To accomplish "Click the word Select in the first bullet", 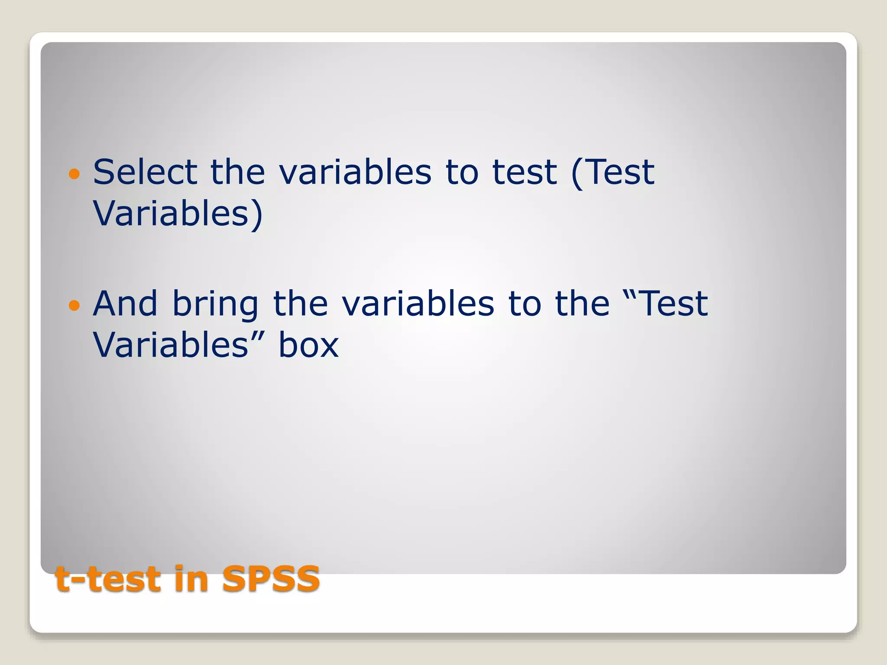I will coord(145,172).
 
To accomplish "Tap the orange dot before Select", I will coord(74,174).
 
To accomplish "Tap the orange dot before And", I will coord(74,306).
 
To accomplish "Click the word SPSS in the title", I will coord(271,579).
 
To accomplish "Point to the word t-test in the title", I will coord(108,579).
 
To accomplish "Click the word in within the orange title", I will coord(191,579).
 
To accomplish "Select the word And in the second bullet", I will coord(125,304).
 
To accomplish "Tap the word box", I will coord(308,345).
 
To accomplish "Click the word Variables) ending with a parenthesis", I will coord(178,214).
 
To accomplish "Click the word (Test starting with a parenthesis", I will coord(612,172).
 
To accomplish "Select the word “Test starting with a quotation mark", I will coord(665,304).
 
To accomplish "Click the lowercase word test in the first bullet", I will coord(524,172).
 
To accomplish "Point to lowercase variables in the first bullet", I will coord(355,172).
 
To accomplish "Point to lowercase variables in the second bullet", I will coord(418,304).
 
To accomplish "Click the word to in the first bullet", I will coord(462,172).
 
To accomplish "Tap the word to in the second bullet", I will coord(524,304).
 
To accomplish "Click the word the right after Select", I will coord(238,172).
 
